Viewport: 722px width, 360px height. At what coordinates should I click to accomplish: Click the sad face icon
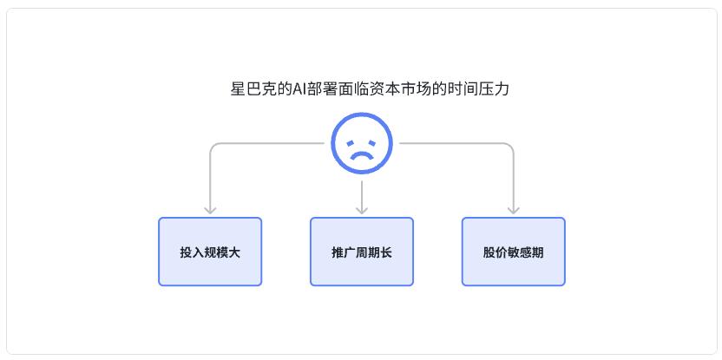click(x=362, y=143)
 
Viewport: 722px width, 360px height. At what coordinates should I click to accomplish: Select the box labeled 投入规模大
click(x=210, y=252)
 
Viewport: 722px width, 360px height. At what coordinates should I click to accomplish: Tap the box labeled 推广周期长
click(x=362, y=252)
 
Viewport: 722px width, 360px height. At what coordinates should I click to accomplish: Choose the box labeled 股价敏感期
click(x=514, y=252)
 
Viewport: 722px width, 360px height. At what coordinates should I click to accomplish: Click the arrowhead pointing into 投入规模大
click(x=210, y=210)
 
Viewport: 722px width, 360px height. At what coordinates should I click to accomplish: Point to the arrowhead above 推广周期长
click(x=362, y=210)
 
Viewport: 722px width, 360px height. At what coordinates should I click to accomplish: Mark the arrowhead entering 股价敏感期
click(x=514, y=210)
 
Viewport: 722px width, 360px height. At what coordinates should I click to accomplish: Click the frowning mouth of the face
click(x=362, y=155)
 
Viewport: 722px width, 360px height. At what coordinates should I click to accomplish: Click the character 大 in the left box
click(x=234, y=252)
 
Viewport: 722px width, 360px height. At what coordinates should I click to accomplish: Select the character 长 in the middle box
click(x=386, y=252)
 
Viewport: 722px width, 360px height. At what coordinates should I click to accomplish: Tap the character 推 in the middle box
click(x=338, y=252)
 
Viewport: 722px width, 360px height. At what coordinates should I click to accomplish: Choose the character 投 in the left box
click(x=186, y=252)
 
